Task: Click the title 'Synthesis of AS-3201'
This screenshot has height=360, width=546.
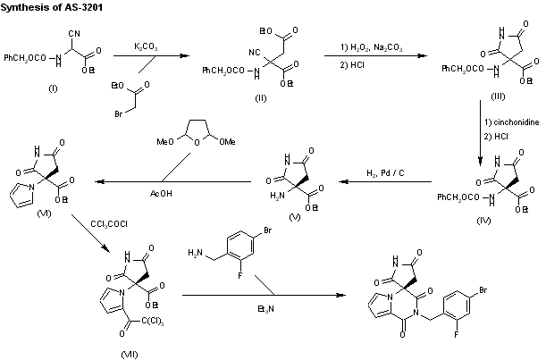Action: [x=52, y=8]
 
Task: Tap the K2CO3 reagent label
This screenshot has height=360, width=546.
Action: [x=146, y=46]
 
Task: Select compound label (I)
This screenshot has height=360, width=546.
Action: [x=53, y=88]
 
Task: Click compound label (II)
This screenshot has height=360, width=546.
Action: [x=260, y=98]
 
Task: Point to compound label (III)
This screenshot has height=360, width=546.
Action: [x=498, y=96]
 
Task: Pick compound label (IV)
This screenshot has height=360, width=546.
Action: [x=483, y=221]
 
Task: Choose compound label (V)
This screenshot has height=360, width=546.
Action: [x=295, y=217]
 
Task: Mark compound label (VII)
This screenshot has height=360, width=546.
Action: [x=130, y=355]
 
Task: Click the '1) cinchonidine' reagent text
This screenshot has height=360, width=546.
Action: [x=511, y=122]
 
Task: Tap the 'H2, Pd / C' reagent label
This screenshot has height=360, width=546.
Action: [x=385, y=173]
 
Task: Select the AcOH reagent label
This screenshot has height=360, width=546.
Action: [x=161, y=193]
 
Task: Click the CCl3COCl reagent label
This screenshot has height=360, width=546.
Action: [x=109, y=224]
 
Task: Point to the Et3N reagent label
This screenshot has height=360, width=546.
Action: [x=265, y=309]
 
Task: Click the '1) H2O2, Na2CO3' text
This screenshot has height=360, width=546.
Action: [x=371, y=47]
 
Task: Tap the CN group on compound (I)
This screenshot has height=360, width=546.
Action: [x=74, y=33]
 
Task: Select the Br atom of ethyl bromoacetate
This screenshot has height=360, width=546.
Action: [x=118, y=113]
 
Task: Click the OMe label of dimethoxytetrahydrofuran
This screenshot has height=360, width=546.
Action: [x=227, y=142]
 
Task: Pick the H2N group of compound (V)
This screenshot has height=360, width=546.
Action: [x=277, y=196]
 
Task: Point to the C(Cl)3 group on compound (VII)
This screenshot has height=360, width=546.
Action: [x=153, y=321]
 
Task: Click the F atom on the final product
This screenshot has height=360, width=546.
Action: [x=456, y=335]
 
